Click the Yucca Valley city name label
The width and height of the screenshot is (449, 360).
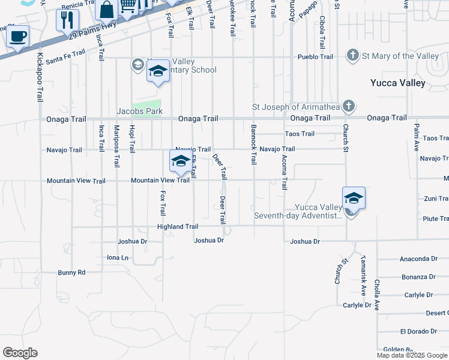click(397, 83)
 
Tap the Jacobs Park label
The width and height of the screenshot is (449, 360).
click(139, 112)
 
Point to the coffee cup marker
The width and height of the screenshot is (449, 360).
click(17, 36)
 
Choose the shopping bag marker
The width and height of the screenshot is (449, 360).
click(106, 10)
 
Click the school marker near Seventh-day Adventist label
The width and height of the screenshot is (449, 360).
click(354, 198)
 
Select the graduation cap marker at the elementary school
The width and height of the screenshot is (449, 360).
click(158, 72)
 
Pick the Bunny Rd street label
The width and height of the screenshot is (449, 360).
click(71, 272)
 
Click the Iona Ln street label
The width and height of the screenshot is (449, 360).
click(118, 257)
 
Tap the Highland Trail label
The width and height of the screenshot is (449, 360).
click(178, 227)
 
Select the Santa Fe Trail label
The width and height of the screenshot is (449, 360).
click(65, 58)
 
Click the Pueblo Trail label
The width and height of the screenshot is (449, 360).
click(315, 57)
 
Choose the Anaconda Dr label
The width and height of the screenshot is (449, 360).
click(418, 259)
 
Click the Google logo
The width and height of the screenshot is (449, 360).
click(20, 353)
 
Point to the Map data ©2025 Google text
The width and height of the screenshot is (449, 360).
click(411, 355)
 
